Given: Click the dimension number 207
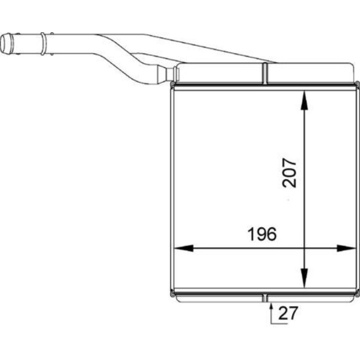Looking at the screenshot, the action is click(289, 173).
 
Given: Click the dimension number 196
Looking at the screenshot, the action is click(262, 234).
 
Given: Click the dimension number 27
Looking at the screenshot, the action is click(288, 313).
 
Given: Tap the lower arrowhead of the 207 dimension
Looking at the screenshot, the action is click(304, 278).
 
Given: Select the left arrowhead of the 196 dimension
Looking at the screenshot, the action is click(184, 248).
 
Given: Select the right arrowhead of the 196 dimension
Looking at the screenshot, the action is click(346, 248).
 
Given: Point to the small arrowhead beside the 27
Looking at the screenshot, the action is click(271, 307).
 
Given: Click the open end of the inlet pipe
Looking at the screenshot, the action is click(6, 43).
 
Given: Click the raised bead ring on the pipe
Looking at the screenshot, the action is click(43, 43).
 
